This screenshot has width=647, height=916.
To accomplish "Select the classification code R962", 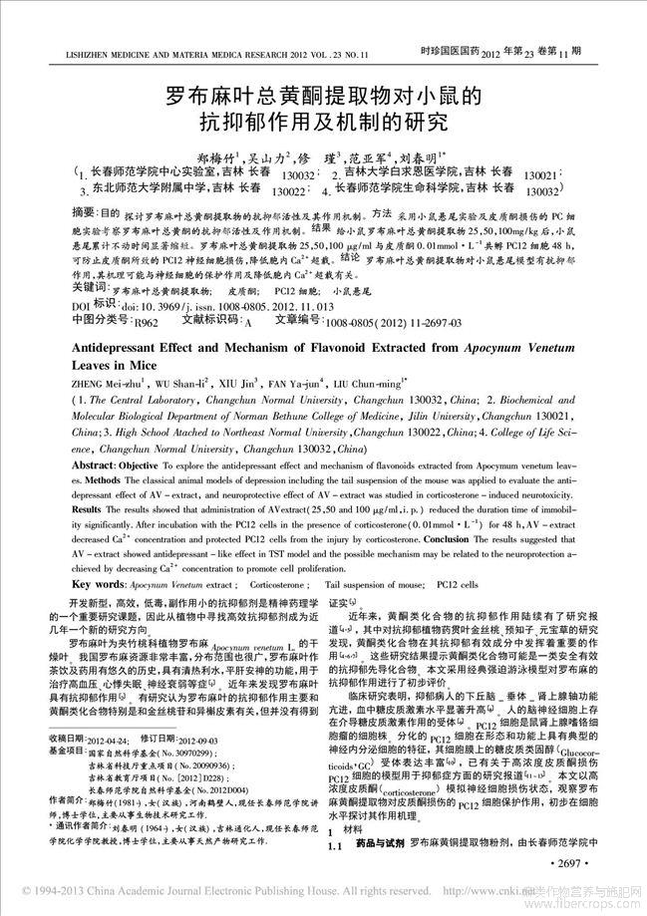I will click(x=148, y=323).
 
